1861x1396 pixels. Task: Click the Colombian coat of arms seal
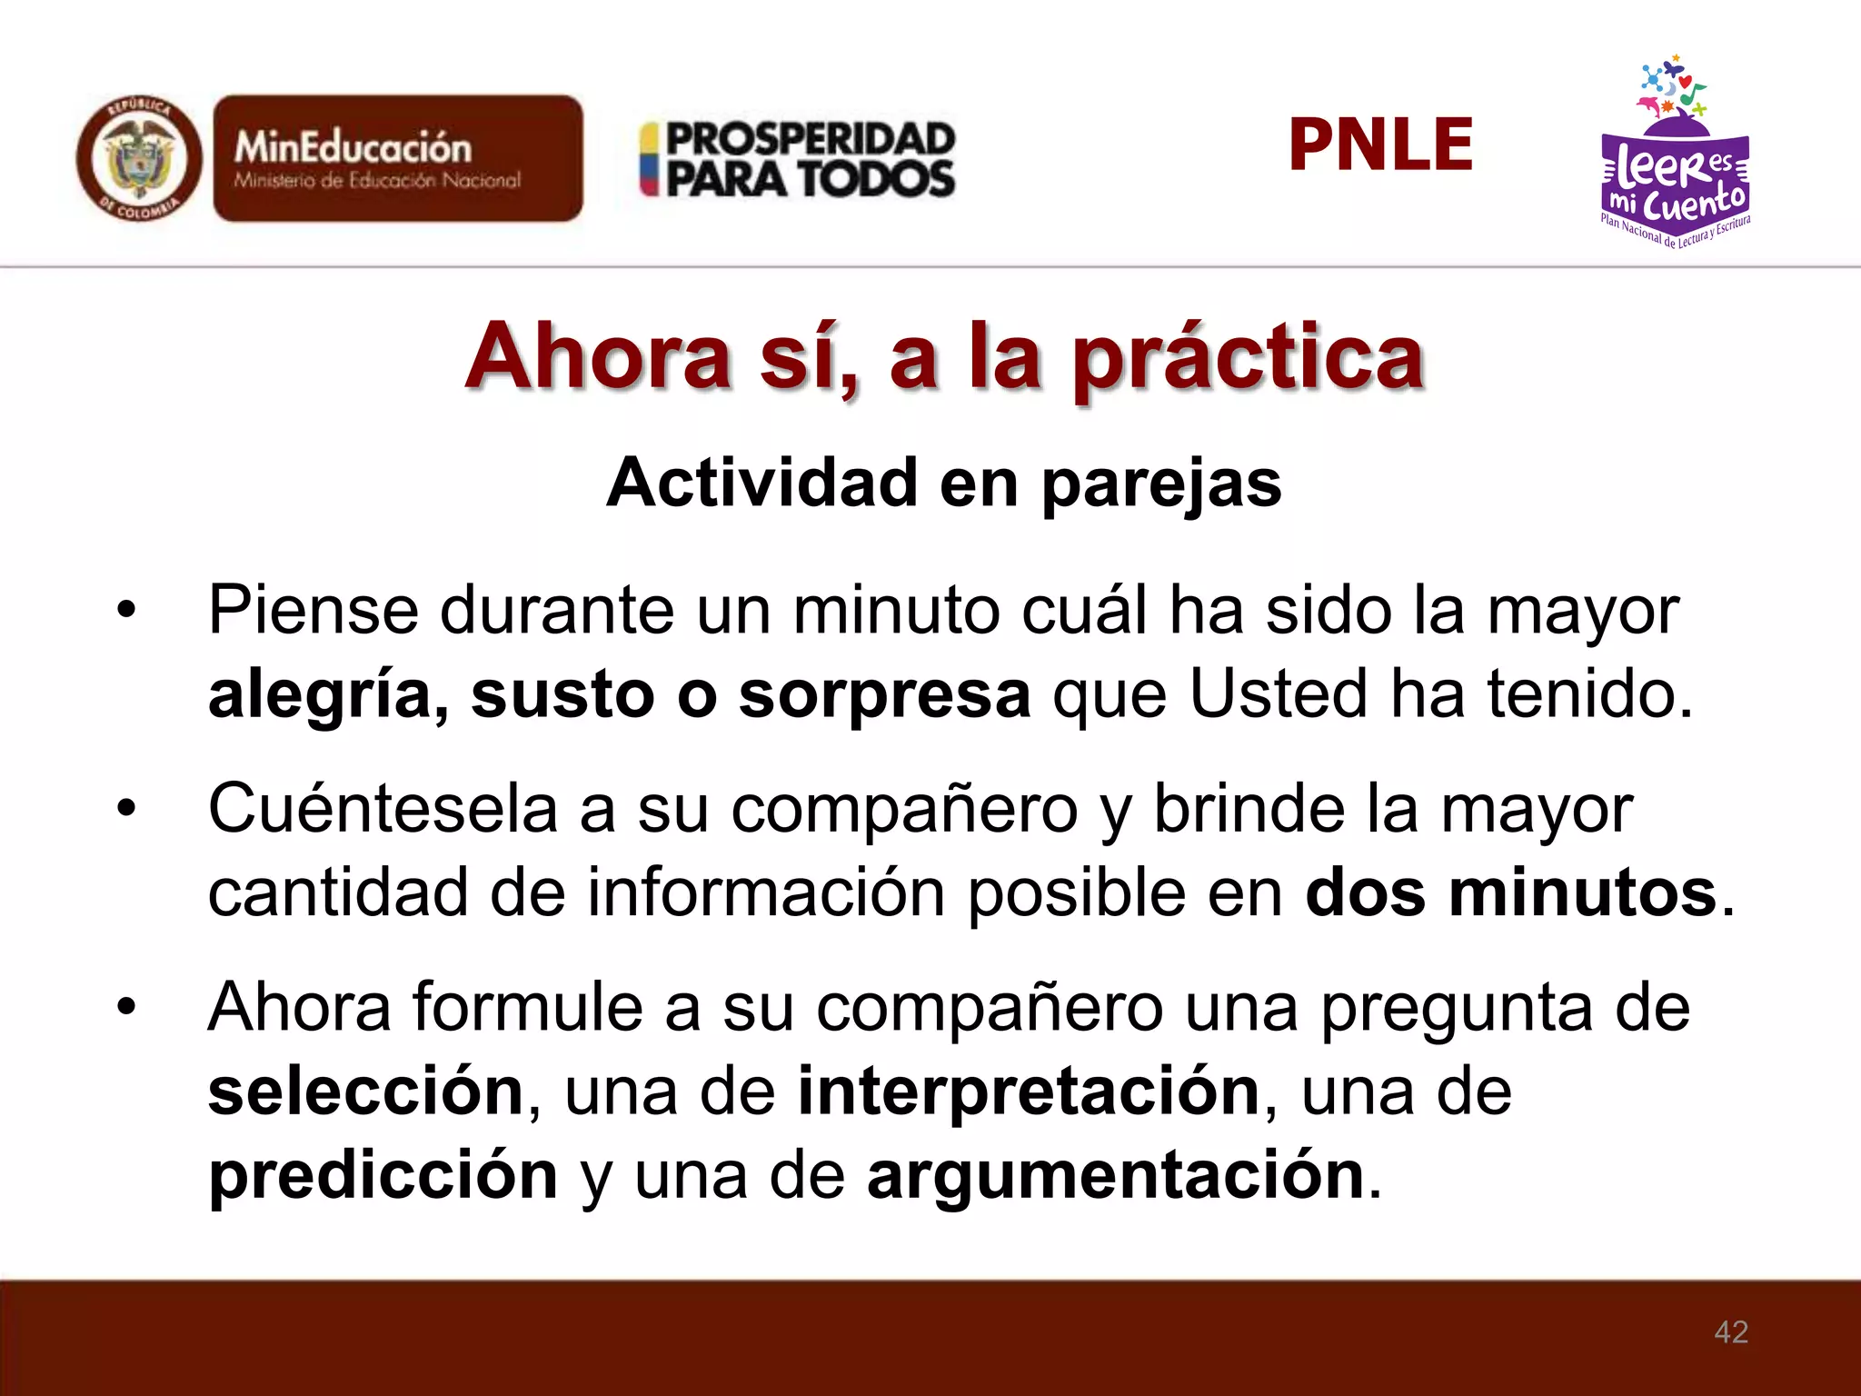point(139,160)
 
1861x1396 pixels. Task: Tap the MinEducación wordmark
point(353,147)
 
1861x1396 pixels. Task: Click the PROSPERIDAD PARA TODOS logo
point(798,160)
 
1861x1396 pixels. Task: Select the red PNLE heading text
point(1380,145)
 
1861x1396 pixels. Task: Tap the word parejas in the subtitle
point(1160,484)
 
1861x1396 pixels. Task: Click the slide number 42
point(1730,1331)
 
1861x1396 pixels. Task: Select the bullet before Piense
point(126,610)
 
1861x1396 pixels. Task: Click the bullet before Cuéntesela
point(126,808)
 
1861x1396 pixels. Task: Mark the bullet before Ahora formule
point(126,1006)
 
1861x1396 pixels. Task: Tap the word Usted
point(1278,694)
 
